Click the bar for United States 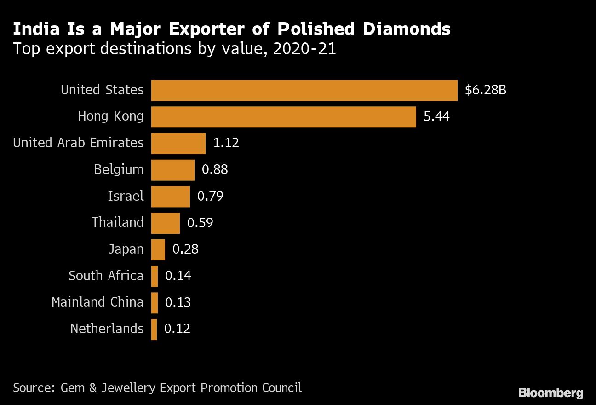[304, 90]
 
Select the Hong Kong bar [283, 117]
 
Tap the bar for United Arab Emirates [178, 144]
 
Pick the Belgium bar [172, 170]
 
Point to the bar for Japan [158, 250]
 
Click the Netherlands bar [154, 330]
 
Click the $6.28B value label [485, 90]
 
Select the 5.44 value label [436, 117]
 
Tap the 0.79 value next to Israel [210, 197]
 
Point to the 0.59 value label [200, 223]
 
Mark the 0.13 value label [178, 303]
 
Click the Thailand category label [118, 223]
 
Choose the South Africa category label [106, 276]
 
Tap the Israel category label [126, 197]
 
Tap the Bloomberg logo [550, 393]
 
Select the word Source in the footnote [32, 388]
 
